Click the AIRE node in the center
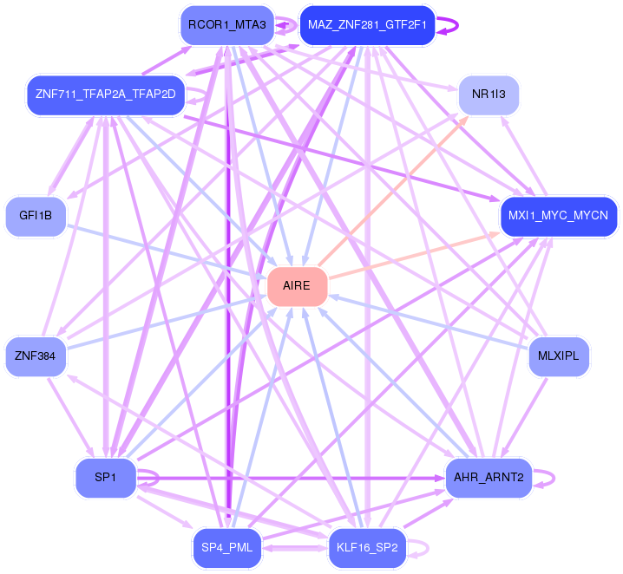tap(298, 287)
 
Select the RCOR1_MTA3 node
tap(227, 25)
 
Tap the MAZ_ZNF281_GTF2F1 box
tap(367, 25)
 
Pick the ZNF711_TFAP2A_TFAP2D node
tap(106, 95)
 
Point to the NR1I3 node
tap(489, 95)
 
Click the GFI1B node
tap(36, 217)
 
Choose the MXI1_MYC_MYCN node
tap(559, 217)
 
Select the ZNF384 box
tap(36, 357)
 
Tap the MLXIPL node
tap(559, 357)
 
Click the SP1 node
tap(106, 478)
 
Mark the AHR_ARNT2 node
tap(489, 478)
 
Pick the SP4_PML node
tap(227, 548)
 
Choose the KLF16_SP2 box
tap(367, 548)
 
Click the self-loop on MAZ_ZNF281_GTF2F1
tap(458, 25)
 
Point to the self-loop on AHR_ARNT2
tap(554, 478)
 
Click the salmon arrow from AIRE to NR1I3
tap(392, 191)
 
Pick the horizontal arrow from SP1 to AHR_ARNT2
tap(291, 479)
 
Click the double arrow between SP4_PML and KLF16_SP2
tap(295, 548)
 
